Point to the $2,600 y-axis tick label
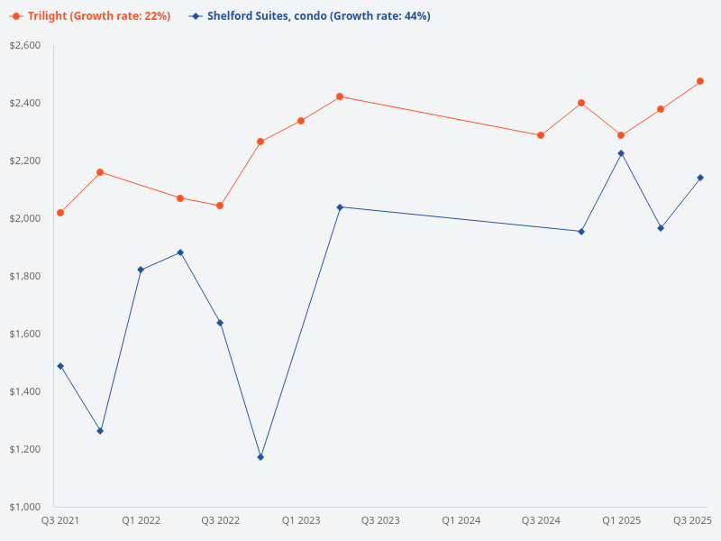pyautogui.click(x=25, y=45)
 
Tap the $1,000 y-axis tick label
pyautogui.click(x=25, y=507)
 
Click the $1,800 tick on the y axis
pyautogui.click(x=25, y=276)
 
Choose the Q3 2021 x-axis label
pyautogui.click(x=60, y=520)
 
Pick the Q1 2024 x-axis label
pyautogui.click(x=461, y=520)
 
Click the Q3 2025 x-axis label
pyautogui.click(x=693, y=520)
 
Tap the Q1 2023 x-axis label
pyautogui.click(x=300, y=520)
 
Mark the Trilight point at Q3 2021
pyautogui.click(x=60, y=213)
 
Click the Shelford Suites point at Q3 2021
pyautogui.click(x=60, y=366)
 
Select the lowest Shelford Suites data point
pyautogui.click(x=260, y=457)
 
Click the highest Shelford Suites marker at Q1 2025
pyautogui.click(x=621, y=153)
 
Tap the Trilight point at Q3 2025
pyautogui.click(x=700, y=81)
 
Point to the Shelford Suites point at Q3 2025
pyautogui.click(x=700, y=178)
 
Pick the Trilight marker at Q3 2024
pyautogui.click(x=541, y=135)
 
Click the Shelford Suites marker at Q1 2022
pyautogui.click(x=141, y=270)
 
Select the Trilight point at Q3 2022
pyautogui.click(x=220, y=206)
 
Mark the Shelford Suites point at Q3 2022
pyautogui.click(x=220, y=323)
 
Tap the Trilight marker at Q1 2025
pyautogui.click(x=621, y=135)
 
